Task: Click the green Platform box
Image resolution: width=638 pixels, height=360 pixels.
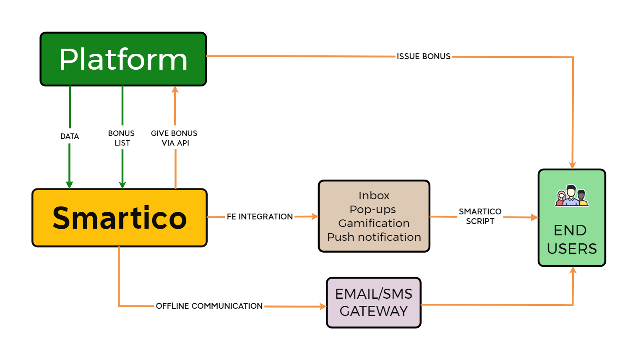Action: click(123, 59)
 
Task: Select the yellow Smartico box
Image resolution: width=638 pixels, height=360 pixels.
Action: click(120, 218)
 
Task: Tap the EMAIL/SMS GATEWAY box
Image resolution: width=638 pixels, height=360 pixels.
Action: click(373, 303)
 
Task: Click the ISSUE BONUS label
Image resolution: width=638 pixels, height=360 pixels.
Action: click(423, 56)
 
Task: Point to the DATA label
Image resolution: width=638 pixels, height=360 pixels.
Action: click(70, 136)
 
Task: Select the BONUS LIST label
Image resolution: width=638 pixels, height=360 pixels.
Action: click(122, 138)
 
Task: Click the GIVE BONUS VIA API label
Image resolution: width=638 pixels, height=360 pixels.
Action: click(174, 138)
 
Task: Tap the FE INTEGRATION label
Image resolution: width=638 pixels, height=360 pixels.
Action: click(260, 217)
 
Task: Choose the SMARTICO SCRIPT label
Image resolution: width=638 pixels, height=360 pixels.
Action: click(480, 216)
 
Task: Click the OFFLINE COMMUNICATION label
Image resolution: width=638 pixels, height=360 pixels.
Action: click(209, 306)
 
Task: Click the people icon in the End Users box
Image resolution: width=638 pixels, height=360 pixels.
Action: click(572, 196)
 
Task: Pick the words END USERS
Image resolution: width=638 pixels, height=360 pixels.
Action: click(571, 240)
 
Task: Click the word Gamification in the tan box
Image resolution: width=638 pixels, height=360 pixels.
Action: click(374, 223)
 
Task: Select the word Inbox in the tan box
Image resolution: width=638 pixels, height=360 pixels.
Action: click(374, 196)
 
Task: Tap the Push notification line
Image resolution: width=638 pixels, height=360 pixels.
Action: click(374, 237)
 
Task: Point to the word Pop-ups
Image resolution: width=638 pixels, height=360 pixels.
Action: click(372, 209)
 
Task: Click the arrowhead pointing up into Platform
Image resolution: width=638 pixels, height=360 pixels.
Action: click(175, 89)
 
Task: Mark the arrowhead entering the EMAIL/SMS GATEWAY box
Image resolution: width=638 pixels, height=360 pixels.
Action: click(323, 307)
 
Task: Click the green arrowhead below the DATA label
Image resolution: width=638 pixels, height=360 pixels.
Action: click(70, 185)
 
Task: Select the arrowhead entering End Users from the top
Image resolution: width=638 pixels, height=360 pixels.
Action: click(573, 165)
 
